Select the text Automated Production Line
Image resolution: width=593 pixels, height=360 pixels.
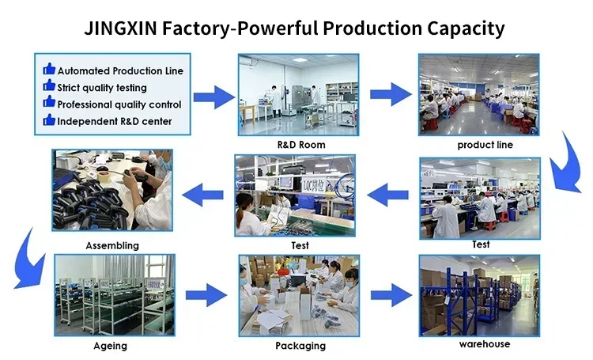coord(120,70)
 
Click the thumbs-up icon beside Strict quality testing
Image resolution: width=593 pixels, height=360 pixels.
coord(48,87)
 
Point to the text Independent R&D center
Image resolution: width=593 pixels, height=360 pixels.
coord(115,121)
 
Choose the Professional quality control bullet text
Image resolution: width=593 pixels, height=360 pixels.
coord(119,104)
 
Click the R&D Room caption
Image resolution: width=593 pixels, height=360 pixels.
coord(300,145)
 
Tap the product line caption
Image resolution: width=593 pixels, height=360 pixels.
coord(485,145)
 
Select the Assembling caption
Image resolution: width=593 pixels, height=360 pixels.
coord(112,245)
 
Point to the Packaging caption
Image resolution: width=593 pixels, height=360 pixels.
coord(300,346)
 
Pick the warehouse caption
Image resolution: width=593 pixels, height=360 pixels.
coord(485,343)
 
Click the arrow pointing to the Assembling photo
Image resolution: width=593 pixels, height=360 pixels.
coord(205,191)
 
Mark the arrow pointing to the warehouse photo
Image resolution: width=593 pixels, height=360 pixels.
coord(391,294)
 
